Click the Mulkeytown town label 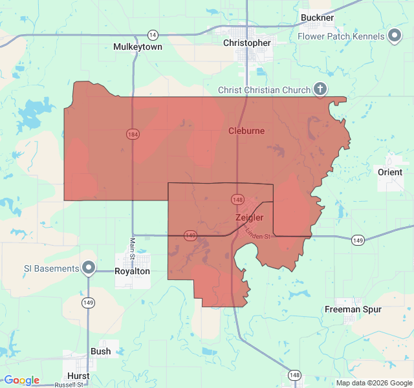click(x=137, y=47)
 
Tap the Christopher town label click(x=246, y=43)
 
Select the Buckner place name click(x=317, y=17)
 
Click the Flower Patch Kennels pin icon click(x=395, y=36)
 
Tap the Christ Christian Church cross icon click(x=319, y=90)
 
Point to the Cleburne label click(x=246, y=131)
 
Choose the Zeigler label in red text click(x=249, y=218)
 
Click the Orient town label click(x=390, y=171)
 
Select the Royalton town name click(x=132, y=272)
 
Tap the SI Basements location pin click(x=89, y=268)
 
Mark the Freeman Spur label click(x=353, y=310)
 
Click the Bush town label click(x=100, y=352)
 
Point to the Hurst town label click(x=78, y=376)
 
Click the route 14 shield click(x=152, y=34)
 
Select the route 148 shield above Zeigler click(x=237, y=200)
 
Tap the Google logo click(x=21, y=380)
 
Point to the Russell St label click(x=69, y=385)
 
